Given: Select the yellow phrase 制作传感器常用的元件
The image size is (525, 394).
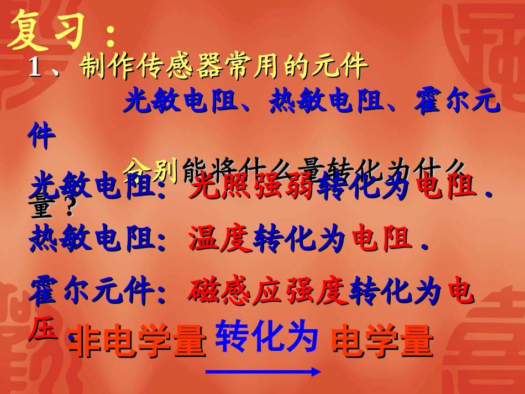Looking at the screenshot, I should [x=224, y=67].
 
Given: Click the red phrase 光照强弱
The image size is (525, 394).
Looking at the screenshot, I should [x=252, y=186].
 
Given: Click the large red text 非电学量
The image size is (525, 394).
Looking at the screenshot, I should [x=138, y=341].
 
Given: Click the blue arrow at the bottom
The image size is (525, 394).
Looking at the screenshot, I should [x=263, y=372].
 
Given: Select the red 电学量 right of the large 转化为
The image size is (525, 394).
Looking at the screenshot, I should [x=381, y=341].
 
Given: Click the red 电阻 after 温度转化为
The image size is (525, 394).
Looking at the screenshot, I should [x=382, y=239].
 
